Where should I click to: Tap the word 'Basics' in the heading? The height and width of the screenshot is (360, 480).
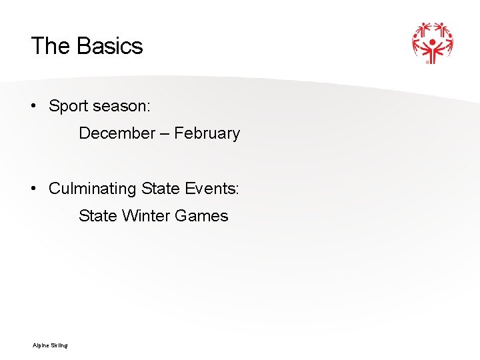pos(109,46)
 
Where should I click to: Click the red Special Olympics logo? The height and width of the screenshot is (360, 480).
pos(432,43)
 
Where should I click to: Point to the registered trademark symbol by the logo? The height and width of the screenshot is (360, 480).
pos(427,61)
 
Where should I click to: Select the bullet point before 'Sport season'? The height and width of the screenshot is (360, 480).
pos(33,107)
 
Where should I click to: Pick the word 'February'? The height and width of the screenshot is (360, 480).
pos(207,133)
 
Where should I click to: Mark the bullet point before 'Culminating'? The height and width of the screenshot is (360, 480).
pos(33,189)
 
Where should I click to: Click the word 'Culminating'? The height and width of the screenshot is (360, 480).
pos(93,189)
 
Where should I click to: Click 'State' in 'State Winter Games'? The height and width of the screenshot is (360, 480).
pos(97,216)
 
